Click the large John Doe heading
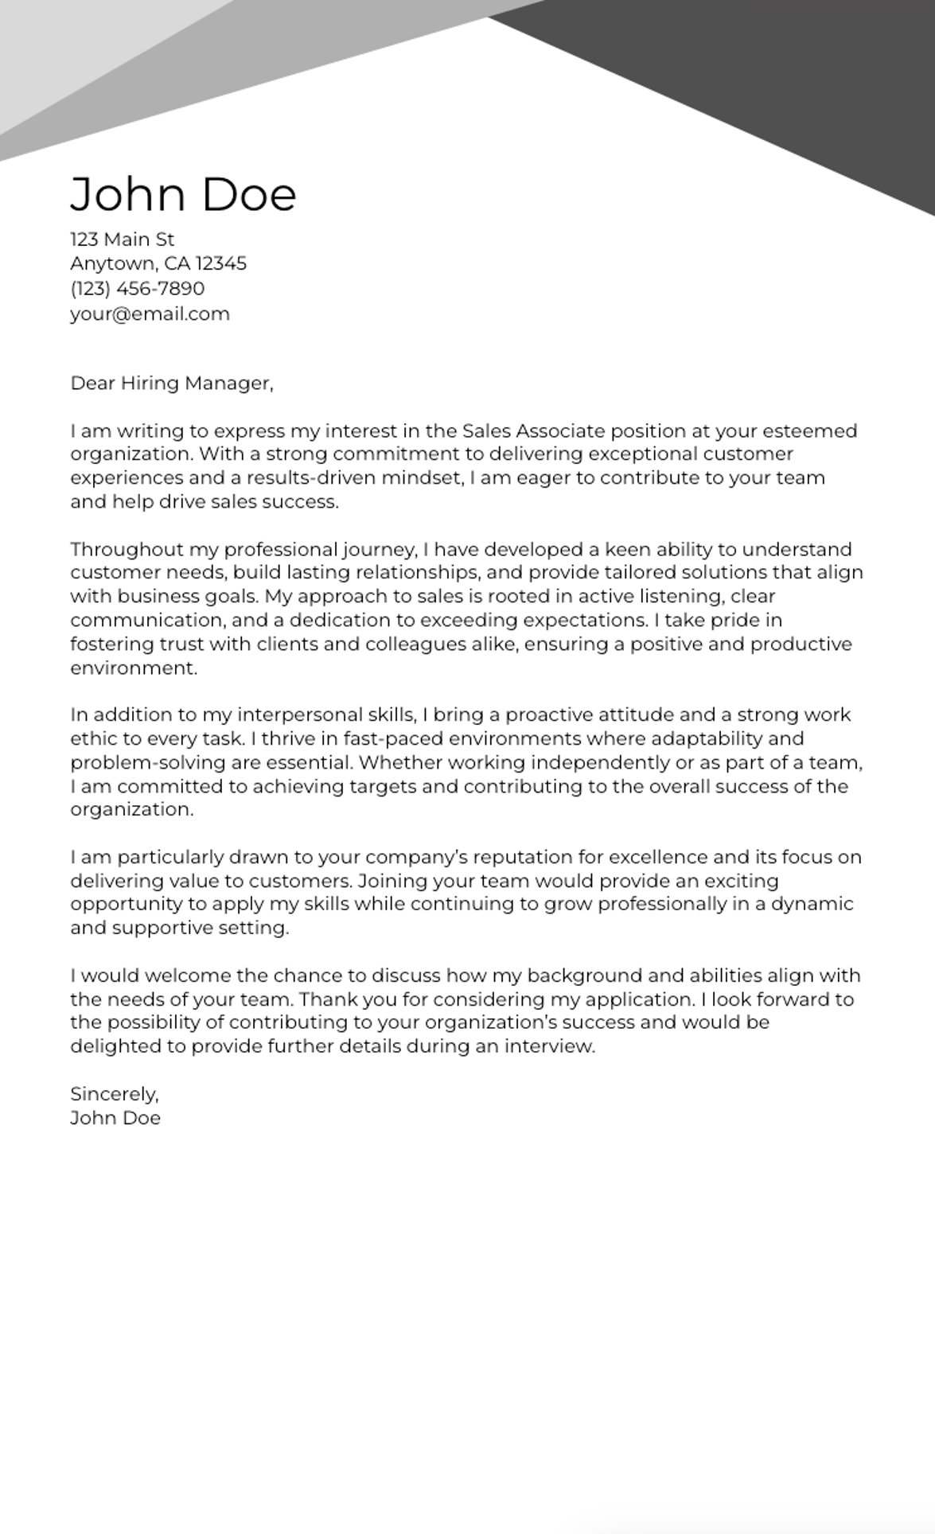point(183,195)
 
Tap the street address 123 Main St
point(122,239)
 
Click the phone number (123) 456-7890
point(137,288)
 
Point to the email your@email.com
point(150,313)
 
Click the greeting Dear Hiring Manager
point(171,383)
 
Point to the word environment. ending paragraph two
point(133,668)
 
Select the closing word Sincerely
point(114,1094)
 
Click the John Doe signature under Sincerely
point(115,1118)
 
